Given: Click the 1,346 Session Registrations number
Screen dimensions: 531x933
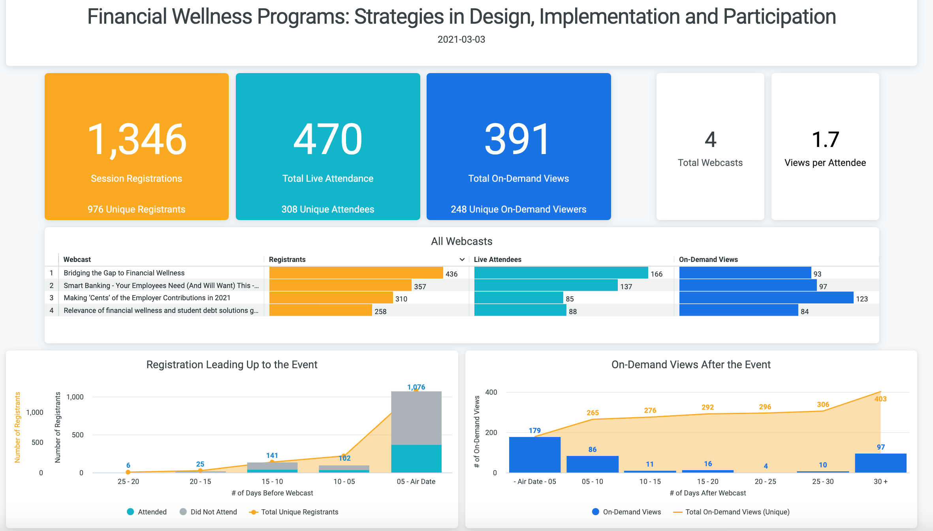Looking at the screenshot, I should pos(136,139).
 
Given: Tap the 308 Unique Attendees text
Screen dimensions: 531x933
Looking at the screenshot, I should pos(327,209).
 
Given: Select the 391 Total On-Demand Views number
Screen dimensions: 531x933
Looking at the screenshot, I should pos(518,139).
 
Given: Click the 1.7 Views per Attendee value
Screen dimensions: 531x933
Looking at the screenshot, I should pos(825,139).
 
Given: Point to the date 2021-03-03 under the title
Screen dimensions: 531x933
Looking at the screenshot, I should pos(461,40).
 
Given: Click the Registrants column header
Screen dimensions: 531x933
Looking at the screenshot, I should pos(287,260).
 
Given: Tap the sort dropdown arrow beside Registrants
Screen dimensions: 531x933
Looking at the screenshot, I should pos(462,260).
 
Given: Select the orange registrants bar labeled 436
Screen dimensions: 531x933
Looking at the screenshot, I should pos(356,273).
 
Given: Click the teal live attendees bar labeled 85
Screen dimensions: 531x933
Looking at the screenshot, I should pos(518,298).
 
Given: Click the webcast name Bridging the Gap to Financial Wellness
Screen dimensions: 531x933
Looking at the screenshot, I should pos(124,273).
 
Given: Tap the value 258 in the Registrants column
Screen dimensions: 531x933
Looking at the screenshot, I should pos(380,311).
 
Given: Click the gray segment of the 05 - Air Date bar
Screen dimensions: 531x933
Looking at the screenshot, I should pos(416,418).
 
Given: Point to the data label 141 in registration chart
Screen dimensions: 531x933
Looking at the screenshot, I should pos(272,456).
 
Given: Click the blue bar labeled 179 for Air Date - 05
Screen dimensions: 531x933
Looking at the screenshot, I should pos(534,455).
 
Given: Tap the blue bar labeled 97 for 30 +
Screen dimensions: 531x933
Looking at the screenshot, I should pos(880,463).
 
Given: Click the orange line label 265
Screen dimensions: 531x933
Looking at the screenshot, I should pos(592,413).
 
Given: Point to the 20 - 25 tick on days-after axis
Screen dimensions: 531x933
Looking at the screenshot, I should pos(765,482).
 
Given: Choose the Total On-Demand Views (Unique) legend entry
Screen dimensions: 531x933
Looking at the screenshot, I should pos(737,512).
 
